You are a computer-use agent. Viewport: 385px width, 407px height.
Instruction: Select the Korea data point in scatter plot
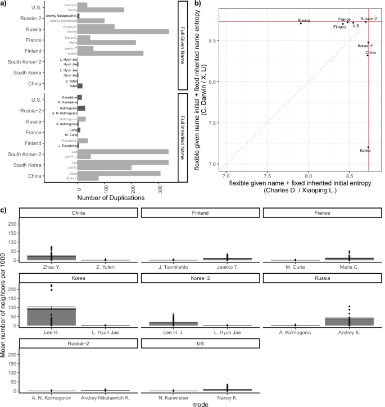(368, 147)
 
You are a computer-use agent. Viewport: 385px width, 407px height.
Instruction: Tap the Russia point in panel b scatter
(301, 24)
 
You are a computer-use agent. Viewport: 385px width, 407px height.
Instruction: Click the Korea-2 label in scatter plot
(365, 46)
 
